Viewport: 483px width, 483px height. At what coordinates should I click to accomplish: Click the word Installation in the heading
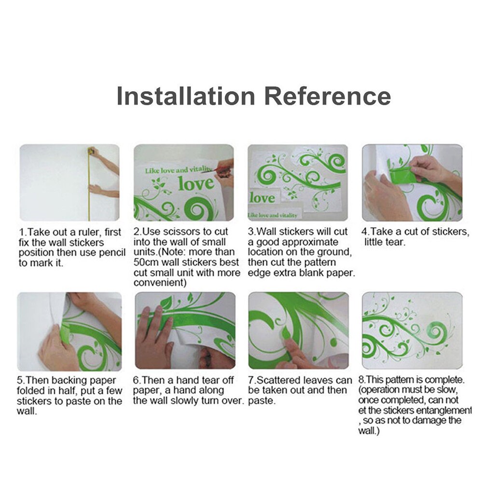(186, 96)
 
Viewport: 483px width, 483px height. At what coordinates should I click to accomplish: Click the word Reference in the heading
(328, 96)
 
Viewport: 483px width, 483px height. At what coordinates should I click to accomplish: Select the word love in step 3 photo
(262, 198)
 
